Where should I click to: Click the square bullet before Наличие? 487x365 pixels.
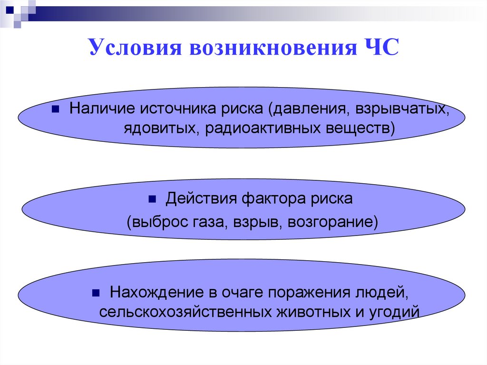click(x=55, y=109)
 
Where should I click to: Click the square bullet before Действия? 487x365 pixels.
click(x=153, y=199)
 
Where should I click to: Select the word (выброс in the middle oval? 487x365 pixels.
click(x=153, y=222)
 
